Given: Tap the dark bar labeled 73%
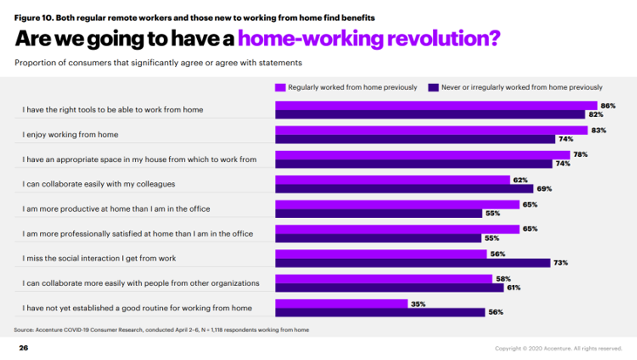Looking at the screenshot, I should [412, 262].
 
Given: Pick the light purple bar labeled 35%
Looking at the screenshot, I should [341, 302].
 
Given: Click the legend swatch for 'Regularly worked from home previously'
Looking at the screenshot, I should [280, 87].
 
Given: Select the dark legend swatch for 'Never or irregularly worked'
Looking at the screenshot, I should [433, 87].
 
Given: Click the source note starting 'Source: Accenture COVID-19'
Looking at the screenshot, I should [161, 329].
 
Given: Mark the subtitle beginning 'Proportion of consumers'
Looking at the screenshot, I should [164, 63].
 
